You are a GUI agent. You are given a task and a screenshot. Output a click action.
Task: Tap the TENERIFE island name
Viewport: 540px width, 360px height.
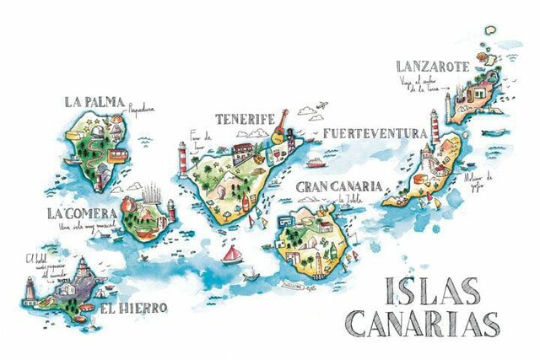242,119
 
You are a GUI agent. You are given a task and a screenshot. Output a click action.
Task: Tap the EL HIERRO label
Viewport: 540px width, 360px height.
133,308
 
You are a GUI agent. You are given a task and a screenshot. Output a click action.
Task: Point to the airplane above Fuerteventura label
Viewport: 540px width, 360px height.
321,107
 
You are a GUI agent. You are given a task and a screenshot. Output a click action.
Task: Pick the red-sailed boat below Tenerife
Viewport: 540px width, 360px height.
229,252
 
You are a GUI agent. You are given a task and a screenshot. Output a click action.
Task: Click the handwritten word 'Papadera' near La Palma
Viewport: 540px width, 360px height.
142,108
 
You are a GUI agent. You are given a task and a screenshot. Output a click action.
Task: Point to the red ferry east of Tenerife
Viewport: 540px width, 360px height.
315,163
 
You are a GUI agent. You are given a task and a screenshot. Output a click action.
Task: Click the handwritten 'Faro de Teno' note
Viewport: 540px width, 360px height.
200,137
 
